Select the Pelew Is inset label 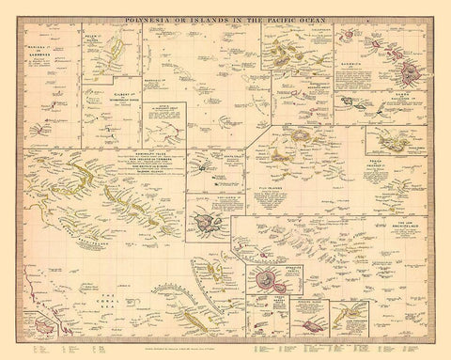coord(96,39)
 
